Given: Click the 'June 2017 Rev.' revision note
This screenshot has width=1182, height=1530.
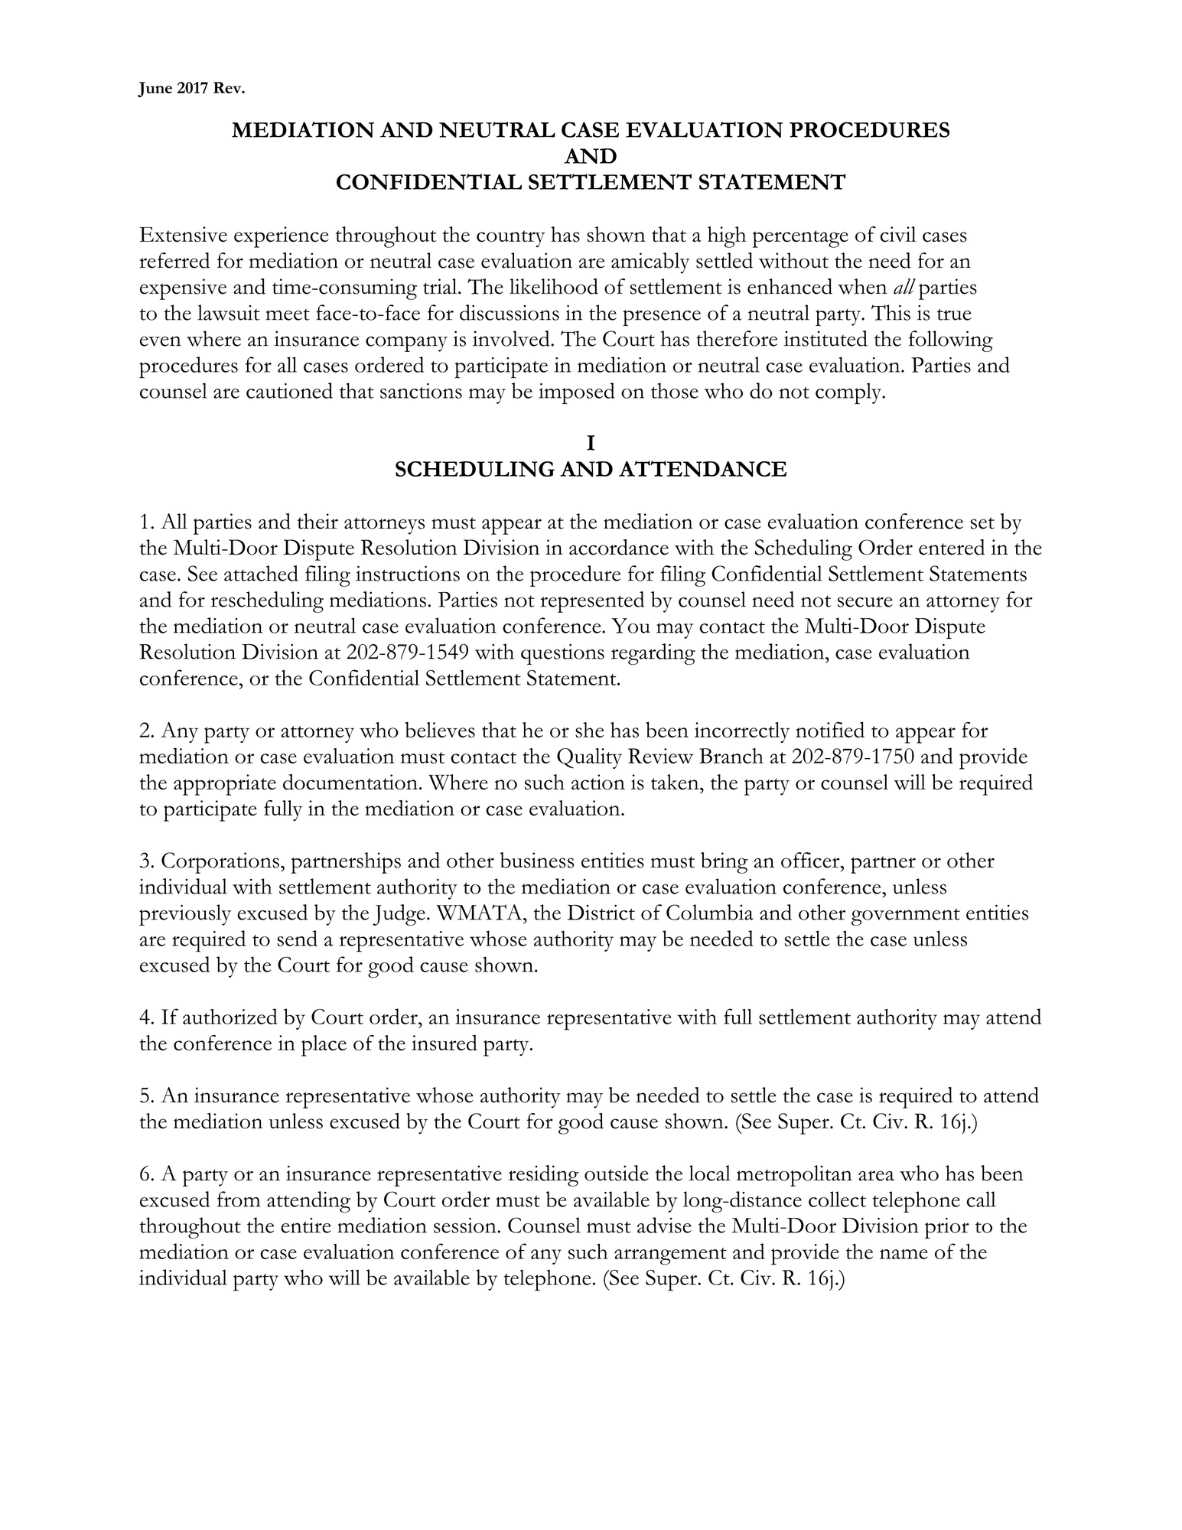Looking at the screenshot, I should tap(191, 90).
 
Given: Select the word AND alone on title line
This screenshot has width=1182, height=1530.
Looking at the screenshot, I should tap(590, 157).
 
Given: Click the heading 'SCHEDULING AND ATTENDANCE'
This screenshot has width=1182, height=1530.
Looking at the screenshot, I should tap(590, 469).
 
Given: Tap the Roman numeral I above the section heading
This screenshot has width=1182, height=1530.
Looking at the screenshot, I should tap(590, 443).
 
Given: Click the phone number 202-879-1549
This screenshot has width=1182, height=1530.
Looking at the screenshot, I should tap(408, 653).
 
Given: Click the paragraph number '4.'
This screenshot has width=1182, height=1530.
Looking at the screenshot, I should tap(148, 1018).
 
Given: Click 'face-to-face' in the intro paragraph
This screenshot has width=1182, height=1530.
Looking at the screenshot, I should tap(373, 314).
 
